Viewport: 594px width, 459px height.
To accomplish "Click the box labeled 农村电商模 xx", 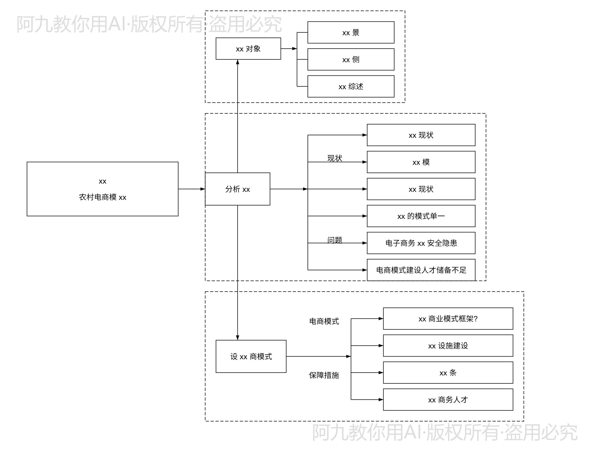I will (103, 189).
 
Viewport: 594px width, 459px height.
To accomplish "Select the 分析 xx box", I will (237, 189).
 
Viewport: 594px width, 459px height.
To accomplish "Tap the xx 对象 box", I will (248, 49).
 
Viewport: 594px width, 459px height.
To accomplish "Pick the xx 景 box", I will (351, 32).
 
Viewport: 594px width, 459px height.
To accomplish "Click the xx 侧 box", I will (351, 59).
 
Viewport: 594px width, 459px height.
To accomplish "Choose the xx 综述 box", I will (351, 86).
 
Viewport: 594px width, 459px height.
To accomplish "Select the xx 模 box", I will (421, 162).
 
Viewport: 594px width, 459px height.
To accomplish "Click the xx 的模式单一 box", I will (421, 216).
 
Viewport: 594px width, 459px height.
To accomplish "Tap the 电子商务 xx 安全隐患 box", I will (421, 243).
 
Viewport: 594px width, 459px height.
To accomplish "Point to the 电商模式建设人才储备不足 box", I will (421, 270).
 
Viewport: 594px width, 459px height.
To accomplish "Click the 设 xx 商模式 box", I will (251, 356).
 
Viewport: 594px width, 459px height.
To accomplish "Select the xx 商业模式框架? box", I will (448, 318).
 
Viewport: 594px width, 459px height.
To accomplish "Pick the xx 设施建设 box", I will (448, 345).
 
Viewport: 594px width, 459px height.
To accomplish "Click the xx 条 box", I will (448, 373).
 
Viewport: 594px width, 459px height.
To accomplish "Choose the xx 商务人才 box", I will (448, 399).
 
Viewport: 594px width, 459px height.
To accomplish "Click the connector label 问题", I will (335, 240).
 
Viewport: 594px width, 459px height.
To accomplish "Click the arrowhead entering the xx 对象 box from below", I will (237, 62).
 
